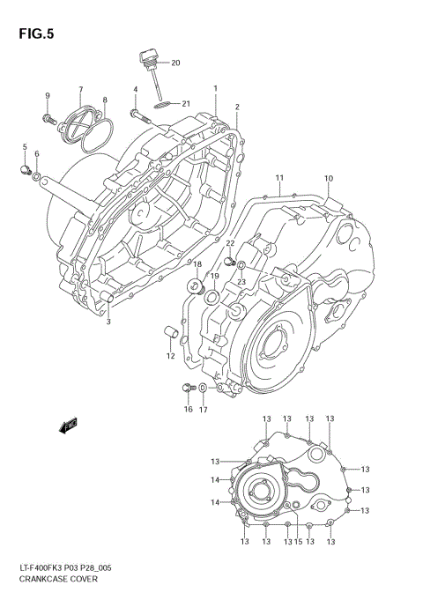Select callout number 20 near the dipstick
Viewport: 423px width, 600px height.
(174, 63)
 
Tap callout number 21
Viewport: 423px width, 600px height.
(186, 104)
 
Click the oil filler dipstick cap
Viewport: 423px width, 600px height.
(146, 58)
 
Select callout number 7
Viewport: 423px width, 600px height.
(80, 90)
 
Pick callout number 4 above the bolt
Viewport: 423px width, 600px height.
(136, 90)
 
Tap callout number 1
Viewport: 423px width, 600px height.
(215, 89)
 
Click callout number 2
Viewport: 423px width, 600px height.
(237, 107)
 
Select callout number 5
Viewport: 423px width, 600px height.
(25, 146)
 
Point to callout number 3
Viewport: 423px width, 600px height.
(108, 322)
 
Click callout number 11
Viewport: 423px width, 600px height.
(279, 178)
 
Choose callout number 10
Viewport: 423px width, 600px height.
(328, 179)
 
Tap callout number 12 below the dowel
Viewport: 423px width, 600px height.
(170, 356)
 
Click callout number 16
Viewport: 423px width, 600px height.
(188, 409)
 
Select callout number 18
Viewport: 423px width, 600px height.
(197, 264)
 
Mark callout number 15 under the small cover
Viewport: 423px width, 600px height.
(299, 542)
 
